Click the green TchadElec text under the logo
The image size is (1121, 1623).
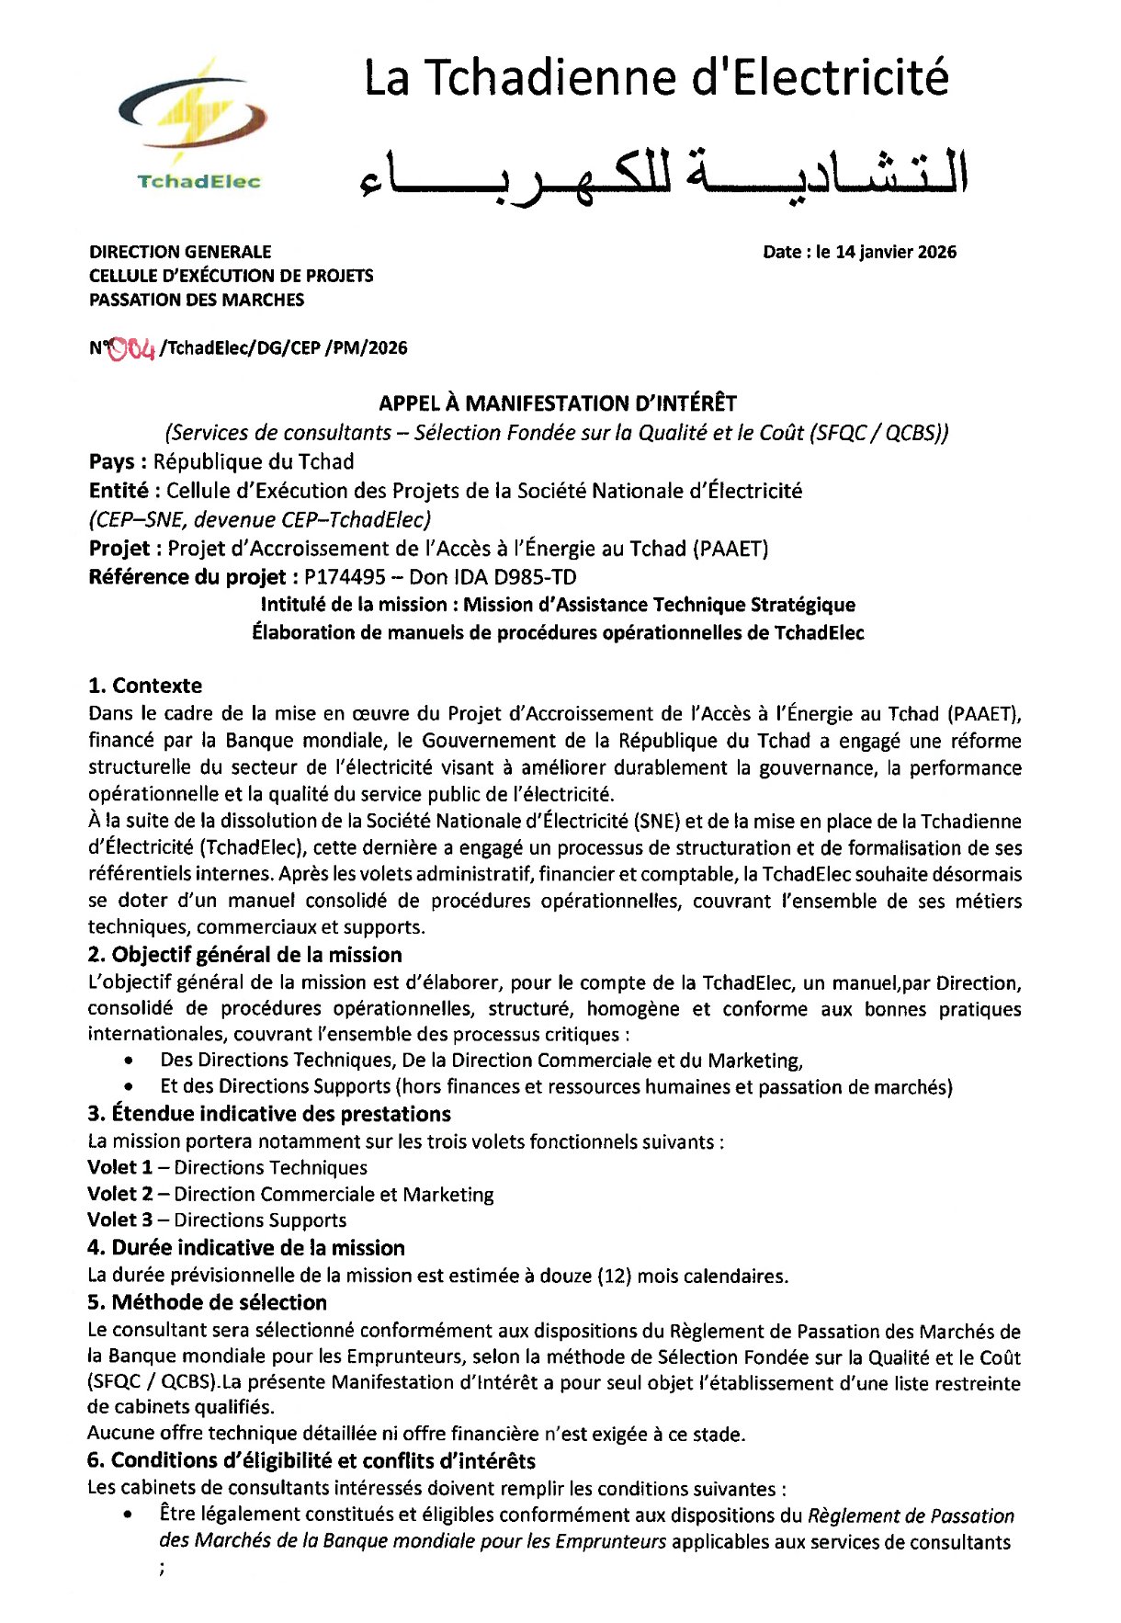point(198,181)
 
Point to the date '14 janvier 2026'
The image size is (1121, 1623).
point(896,252)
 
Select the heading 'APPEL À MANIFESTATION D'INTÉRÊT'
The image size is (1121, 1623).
point(558,403)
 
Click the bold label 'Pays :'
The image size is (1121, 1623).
point(118,461)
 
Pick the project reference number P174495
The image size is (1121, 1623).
point(345,577)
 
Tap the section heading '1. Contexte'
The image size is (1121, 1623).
point(145,686)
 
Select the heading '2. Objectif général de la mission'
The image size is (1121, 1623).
point(245,955)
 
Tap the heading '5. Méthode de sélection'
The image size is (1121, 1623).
point(207,1302)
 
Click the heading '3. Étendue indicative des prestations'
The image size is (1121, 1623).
point(269,1114)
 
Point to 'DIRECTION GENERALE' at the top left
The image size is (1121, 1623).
point(180,252)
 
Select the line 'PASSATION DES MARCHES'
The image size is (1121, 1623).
point(197,300)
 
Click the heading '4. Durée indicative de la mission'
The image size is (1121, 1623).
point(246,1248)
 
